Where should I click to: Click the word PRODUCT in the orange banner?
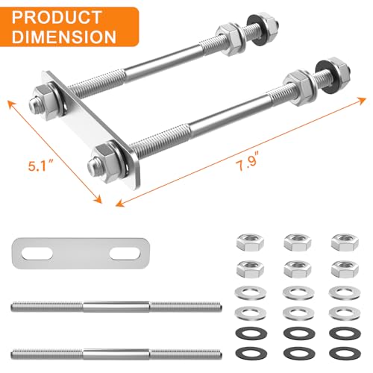coord(56,17)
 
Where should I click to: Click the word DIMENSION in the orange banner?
coord(64,37)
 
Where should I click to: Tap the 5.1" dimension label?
coord(40,166)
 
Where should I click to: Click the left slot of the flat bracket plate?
coord(37,254)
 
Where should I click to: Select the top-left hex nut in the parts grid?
coord(250,242)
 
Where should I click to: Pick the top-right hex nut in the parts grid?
coord(345,242)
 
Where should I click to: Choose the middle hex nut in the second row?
coord(298,269)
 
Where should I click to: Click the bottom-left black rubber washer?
coord(251,354)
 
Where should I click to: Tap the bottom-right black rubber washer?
coord(345,354)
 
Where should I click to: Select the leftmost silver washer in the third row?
coord(251,292)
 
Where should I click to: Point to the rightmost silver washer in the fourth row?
coord(345,313)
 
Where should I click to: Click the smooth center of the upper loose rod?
coord(116,307)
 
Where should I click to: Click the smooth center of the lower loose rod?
coord(116,354)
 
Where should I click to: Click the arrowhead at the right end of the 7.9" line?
coord(363,100)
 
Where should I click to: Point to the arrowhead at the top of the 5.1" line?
coord(11,104)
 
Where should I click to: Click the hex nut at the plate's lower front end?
coord(106,163)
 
